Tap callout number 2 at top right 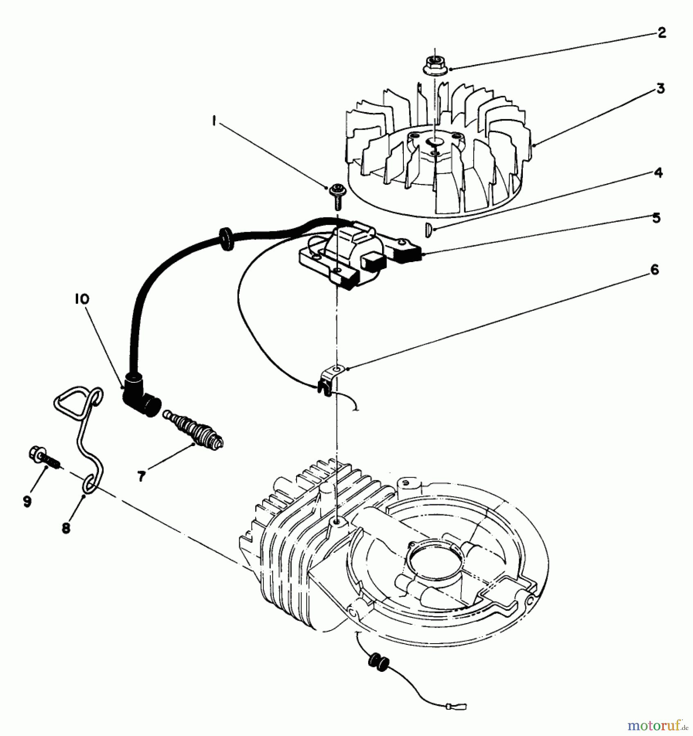[661, 33]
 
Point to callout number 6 [655, 270]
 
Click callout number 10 [81, 299]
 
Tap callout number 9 [27, 501]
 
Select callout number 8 [65, 528]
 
